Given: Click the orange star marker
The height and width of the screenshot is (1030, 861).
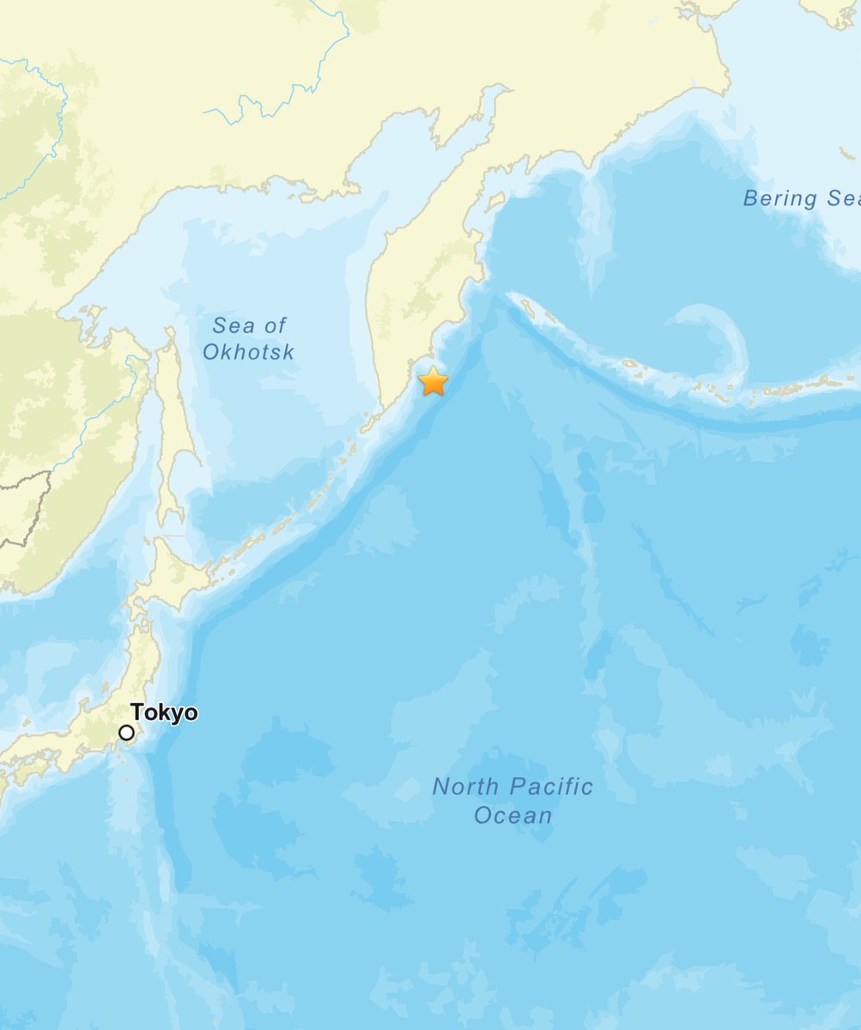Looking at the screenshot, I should [x=434, y=381].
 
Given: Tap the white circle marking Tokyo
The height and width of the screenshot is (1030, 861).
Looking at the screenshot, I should [x=127, y=732].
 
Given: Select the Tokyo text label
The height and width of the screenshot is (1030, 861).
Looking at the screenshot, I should [x=164, y=713].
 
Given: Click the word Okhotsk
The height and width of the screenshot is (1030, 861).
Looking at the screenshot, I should [x=249, y=351].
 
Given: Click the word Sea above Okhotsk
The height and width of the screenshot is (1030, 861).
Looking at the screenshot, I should [x=232, y=325].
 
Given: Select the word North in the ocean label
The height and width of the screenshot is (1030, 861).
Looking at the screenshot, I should [x=465, y=786].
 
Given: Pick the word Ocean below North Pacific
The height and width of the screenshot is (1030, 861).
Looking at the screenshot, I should [x=512, y=815].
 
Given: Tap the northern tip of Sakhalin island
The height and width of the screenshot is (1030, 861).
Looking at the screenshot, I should [x=170, y=331].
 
